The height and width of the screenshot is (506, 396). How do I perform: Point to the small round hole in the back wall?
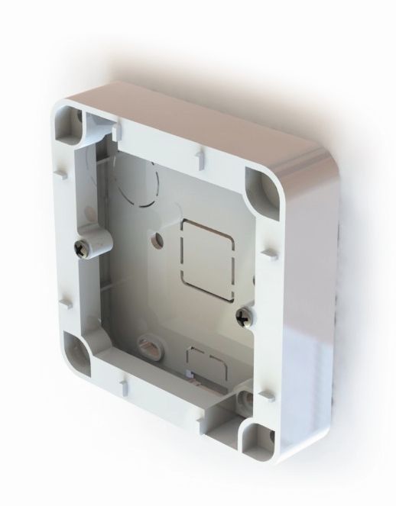[158, 239]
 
